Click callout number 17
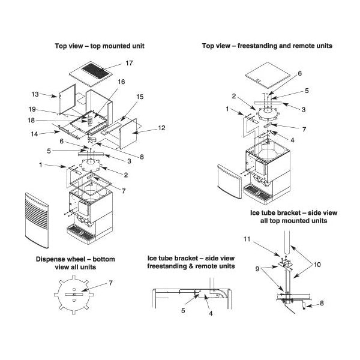click(129, 63)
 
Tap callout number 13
click(35, 94)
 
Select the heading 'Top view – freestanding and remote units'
click(267, 46)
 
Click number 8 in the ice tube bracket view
click(322, 304)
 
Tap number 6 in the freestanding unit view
click(299, 73)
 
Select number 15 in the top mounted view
click(140, 96)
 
